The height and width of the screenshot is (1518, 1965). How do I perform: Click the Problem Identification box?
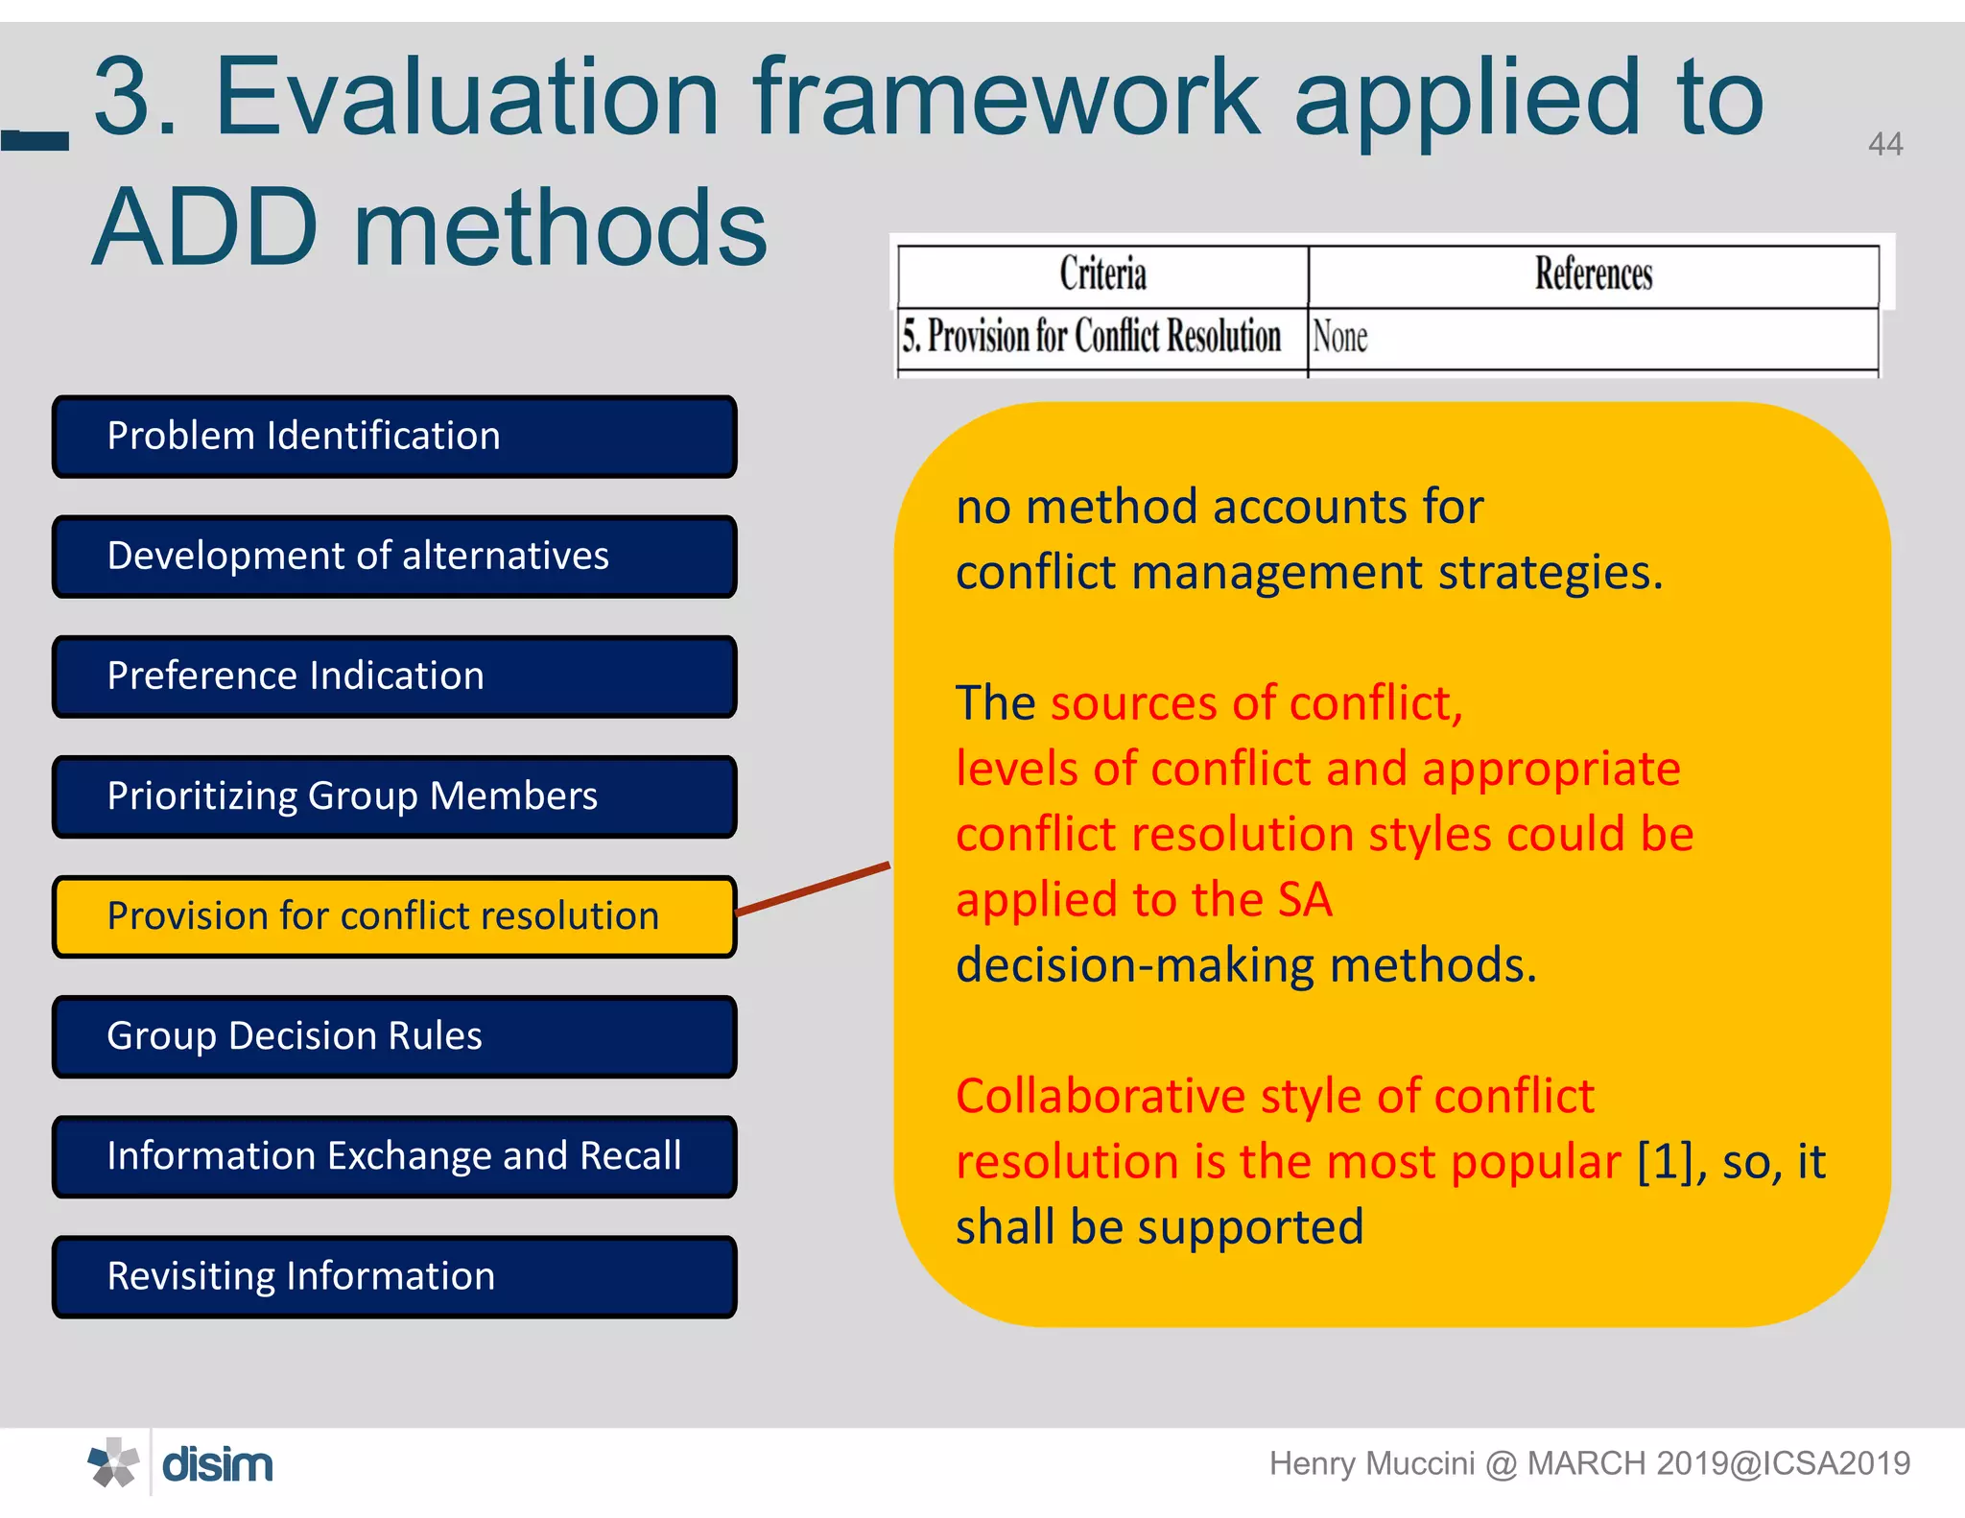click(x=394, y=437)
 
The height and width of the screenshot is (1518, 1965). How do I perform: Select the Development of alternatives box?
click(x=394, y=557)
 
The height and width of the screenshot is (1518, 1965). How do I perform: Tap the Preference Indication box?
click(x=394, y=676)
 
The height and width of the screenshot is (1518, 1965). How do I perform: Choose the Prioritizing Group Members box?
click(x=394, y=796)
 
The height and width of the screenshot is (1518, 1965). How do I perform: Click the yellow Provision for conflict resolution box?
click(x=394, y=916)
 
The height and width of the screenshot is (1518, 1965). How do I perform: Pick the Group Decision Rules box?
click(x=394, y=1036)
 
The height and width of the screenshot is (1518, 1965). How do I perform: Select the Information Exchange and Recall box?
click(x=394, y=1156)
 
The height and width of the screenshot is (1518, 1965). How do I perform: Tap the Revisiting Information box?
click(x=394, y=1276)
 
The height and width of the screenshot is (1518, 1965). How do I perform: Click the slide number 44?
click(x=1884, y=145)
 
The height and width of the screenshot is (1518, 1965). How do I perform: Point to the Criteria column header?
click(x=1102, y=274)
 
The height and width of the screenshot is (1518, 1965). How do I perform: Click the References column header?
click(x=1593, y=274)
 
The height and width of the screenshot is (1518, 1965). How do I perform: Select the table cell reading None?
click(x=1340, y=338)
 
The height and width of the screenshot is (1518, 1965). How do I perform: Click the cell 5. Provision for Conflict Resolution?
click(x=1092, y=337)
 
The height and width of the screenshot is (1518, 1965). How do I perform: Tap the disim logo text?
click(x=218, y=1465)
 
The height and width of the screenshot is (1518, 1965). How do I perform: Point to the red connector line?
click(x=814, y=889)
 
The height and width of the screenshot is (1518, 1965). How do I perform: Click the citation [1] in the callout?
click(x=1670, y=1162)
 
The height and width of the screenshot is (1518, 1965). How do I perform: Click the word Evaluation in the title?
click(x=466, y=97)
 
